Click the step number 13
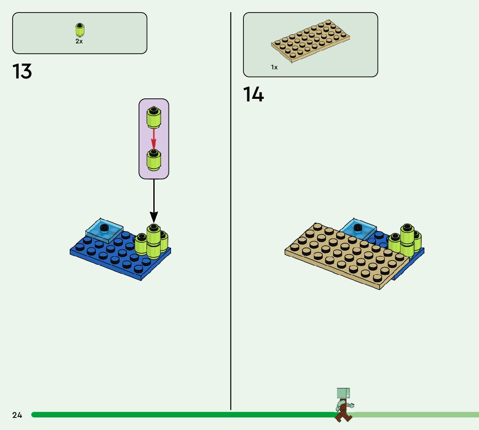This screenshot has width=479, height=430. [x=22, y=72]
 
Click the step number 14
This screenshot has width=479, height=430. [x=253, y=94]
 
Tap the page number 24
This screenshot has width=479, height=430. [x=17, y=415]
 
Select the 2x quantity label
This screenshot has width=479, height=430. [x=79, y=42]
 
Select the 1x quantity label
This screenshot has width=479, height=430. [x=274, y=67]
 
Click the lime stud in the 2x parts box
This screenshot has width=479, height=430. [x=79, y=30]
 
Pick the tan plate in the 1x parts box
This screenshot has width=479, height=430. [x=311, y=41]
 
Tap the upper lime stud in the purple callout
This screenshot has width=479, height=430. [x=154, y=117]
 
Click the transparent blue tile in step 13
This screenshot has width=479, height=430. [x=104, y=230]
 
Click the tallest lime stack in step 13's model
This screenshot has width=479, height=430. [x=153, y=241]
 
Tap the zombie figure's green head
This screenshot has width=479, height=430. [x=343, y=394]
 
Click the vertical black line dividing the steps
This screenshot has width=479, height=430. [x=231, y=217]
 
